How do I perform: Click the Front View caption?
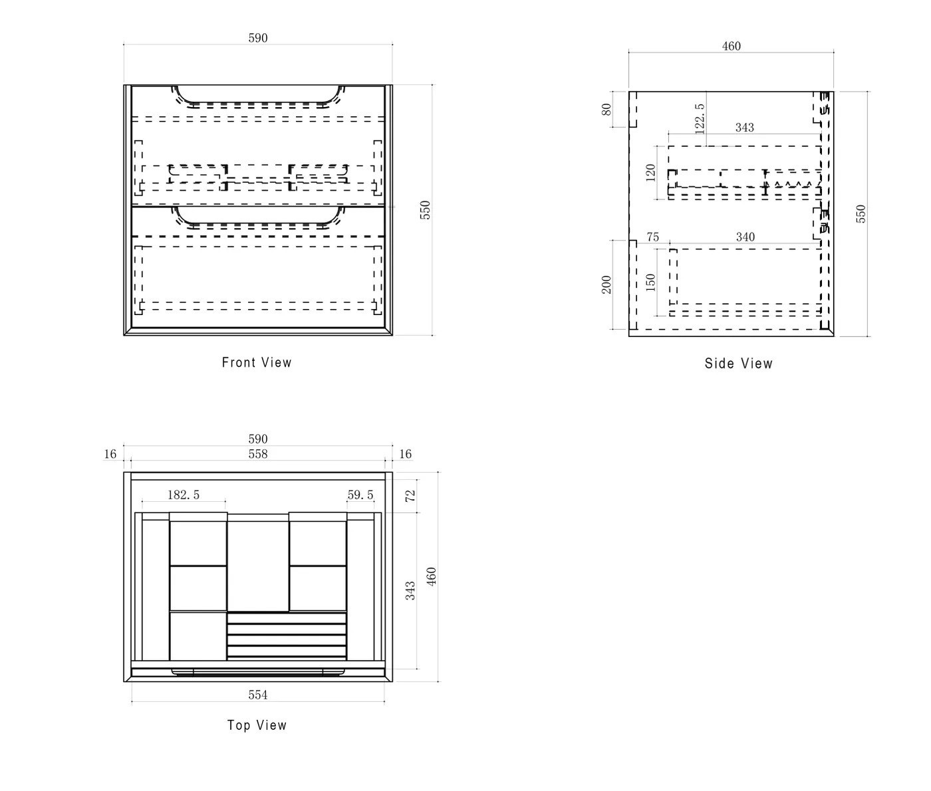(257, 362)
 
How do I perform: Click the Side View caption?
(738, 363)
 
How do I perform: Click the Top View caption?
(257, 725)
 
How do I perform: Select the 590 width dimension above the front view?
(258, 38)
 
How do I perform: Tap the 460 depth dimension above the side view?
(731, 46)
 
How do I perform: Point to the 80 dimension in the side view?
(607, 109)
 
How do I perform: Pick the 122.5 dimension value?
(699, 118)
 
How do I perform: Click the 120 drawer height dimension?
(651, 172)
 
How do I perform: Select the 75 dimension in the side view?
(652, 237)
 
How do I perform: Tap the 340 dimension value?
(745, 237)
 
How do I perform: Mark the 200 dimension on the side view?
(606, 284)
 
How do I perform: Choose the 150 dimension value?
(651, 282)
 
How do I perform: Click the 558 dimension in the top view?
(258, 454)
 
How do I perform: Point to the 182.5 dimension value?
(184, 495)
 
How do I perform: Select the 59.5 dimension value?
(360, 495)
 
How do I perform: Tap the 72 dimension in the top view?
(410, 495)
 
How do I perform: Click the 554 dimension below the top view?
(258, 695)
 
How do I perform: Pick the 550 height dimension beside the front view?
(426, 209)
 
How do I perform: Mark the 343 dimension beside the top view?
(410, 590)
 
